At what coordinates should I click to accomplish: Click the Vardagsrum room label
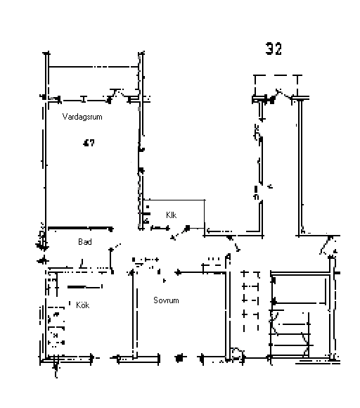tap(82, 117)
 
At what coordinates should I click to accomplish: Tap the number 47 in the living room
tap(89, 143)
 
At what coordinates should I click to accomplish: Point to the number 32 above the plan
tap(274, 49)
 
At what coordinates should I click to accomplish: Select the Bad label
tap(85, 242)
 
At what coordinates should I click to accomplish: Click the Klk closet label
tap(171, 215)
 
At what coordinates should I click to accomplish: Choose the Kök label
tap(83, 305)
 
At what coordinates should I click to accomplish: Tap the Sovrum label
tap(166, 300)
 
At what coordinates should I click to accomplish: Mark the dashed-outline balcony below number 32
tap(276, 86)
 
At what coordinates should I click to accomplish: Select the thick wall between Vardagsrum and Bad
tap(80, 228)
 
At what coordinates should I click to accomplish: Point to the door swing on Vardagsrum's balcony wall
tap(119, 94)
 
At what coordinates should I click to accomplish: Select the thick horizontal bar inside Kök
tap(85, 287)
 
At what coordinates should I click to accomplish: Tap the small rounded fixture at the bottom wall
tap(237, 353)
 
